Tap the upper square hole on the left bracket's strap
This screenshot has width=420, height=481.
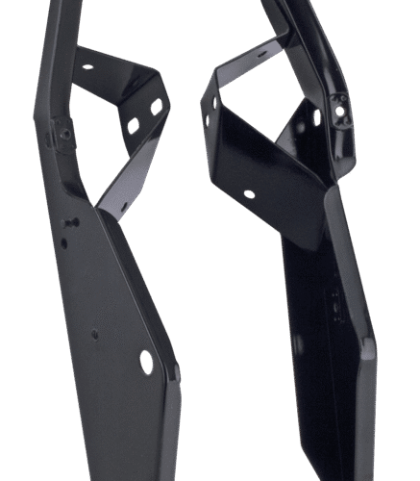pos(155,106)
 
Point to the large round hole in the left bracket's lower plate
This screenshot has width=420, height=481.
pos(146,361)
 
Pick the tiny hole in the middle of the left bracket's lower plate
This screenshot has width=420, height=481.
pos(94,335)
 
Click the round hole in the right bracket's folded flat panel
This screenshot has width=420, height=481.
pos(250,194)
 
